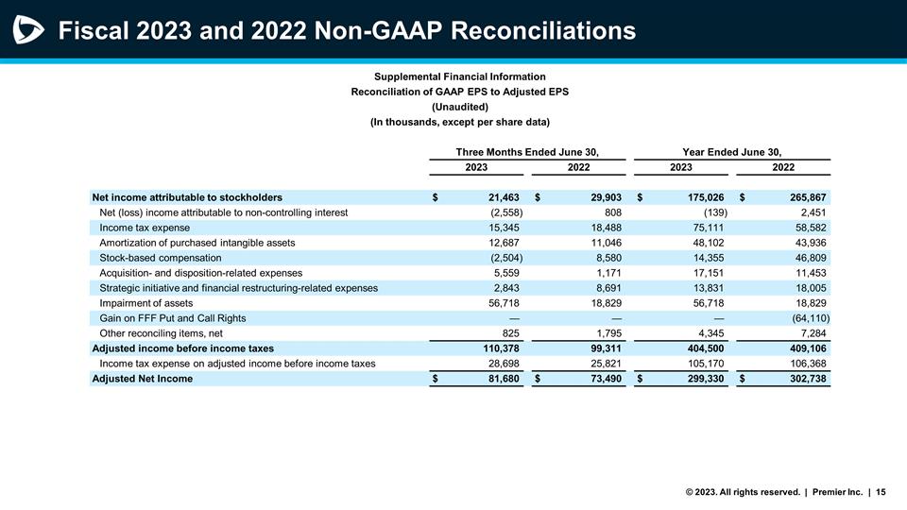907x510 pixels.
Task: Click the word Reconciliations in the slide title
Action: point(541,31)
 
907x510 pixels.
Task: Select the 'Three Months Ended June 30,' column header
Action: point(528,152)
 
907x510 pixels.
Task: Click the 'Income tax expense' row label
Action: point(145,228)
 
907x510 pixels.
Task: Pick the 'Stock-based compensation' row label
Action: point(161,258)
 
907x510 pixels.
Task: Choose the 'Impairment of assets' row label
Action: point(146,303)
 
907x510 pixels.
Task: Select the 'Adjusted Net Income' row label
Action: point(142,379)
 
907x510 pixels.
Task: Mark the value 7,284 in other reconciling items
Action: point(813,333)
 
